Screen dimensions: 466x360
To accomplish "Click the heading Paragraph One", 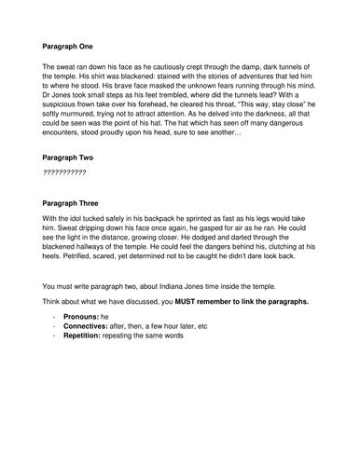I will point(74,44).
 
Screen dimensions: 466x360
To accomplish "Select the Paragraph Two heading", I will point(74,159).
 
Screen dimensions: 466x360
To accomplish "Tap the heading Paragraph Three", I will point(77,202).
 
